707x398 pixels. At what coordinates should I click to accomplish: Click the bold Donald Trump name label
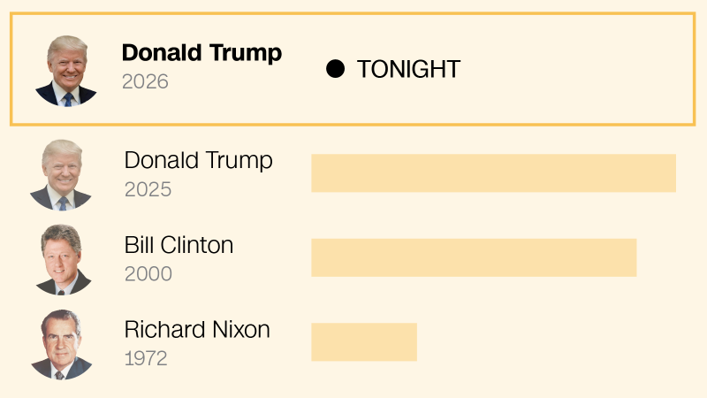[201, 53]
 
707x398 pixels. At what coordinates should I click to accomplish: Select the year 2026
[145, 82]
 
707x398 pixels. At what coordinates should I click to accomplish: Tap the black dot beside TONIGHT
[335, 69]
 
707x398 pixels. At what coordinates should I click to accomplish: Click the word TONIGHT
[408, 69]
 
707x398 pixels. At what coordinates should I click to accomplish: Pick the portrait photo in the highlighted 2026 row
[66, 71]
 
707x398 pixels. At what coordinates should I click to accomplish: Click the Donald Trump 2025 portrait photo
[62, 174]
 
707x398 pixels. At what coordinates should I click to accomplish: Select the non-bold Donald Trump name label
[198, 160]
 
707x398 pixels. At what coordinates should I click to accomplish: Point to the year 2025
[148, 189]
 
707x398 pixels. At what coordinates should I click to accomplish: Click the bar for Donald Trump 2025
[493, 172]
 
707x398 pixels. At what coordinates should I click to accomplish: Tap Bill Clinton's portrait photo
[62, 259]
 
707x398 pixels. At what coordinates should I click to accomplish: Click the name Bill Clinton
[179, 245]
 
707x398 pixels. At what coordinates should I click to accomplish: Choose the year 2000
[148, 274]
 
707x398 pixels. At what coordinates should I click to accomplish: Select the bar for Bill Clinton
[474, 257]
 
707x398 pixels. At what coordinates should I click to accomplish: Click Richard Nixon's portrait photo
[62, 345]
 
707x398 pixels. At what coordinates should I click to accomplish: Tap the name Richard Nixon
[197, 330]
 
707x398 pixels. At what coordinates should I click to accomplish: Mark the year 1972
[146, 359]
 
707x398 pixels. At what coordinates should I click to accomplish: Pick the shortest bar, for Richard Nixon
[364, 342]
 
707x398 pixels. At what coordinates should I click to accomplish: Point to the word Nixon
[238, 330]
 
